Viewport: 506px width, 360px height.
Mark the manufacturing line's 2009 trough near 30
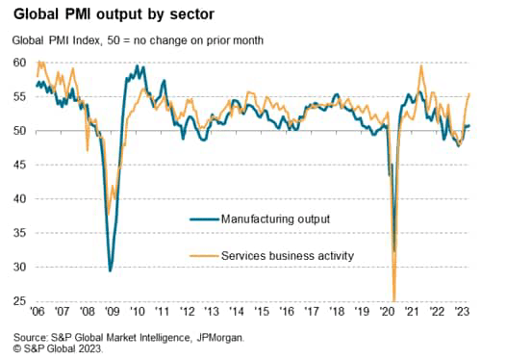coord(110,270)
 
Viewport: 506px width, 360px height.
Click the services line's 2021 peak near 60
coord(421,66)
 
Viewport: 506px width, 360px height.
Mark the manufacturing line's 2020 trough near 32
coord(394,250)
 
